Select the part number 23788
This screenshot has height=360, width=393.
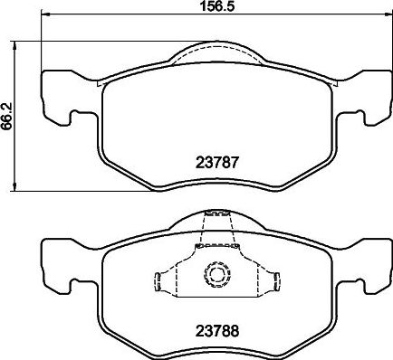pyautogui.click(x=216, y=331)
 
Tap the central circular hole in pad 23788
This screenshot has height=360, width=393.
pyautogui.click(x=216, y=272)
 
